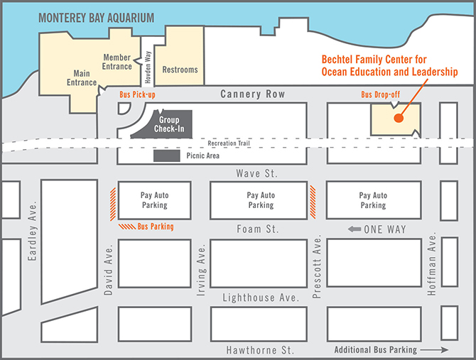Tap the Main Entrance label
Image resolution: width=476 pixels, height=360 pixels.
82,77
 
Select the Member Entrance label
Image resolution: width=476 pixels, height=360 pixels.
117,62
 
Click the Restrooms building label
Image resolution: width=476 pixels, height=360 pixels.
180,70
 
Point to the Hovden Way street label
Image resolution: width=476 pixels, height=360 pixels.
148,66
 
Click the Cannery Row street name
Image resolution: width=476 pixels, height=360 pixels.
251,94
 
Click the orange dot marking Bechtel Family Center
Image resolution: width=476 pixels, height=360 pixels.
399,118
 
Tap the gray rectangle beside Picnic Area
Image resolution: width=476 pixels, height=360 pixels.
168,155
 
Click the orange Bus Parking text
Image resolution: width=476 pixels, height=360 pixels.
156,227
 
